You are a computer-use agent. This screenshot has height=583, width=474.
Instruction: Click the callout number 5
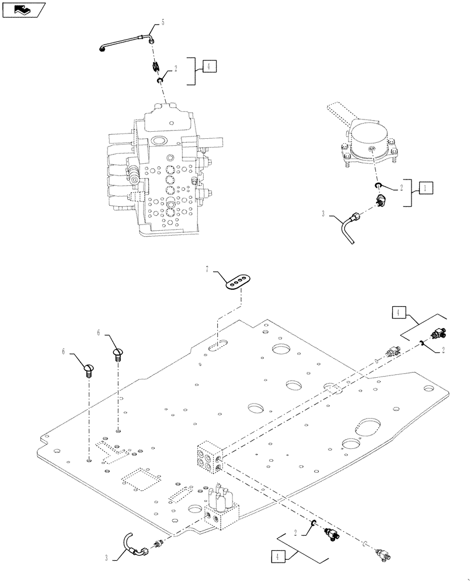click(162, 22)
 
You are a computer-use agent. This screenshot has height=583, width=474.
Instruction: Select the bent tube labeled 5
click(126, 43)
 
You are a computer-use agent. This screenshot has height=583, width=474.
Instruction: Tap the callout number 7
click(207, 269)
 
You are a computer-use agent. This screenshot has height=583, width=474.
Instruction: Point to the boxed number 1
click(426, 188)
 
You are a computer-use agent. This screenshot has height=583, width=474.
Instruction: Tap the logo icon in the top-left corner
click(23, 9)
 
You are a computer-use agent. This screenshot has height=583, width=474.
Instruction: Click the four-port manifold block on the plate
click(209, 457)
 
